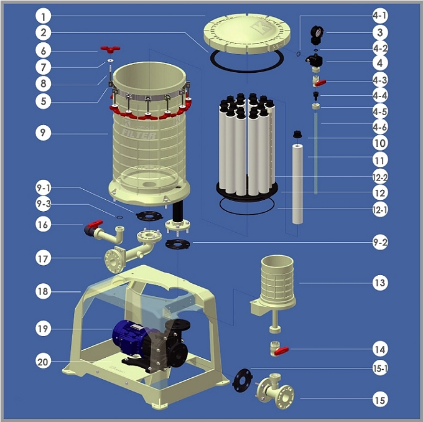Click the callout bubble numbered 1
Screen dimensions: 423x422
coord(43,16)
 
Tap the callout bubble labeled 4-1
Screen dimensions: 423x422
coord(380,16)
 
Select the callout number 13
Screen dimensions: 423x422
coord(380,283)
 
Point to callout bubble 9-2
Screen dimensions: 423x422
coord(380,243)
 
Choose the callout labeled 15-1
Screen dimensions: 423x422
coord(380,368)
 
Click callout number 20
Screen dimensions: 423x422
coord(43,362)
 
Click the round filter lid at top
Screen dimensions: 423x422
coord(247,33)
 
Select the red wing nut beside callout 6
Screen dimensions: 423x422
coord(110,49)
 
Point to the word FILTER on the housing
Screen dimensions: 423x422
coord(139,134)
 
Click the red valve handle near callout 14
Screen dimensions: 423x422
coord(281,351)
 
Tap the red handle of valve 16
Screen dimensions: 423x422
coord(95,223)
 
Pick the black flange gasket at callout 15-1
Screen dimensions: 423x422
coord(243,380)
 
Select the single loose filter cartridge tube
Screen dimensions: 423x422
coord(297,184)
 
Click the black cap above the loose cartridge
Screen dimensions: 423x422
coord(297,134)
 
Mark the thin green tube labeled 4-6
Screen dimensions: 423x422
coord(315,153)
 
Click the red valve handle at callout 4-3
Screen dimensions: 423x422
coord(320,83)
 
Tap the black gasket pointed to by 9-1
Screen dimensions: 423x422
coord(149,216)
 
